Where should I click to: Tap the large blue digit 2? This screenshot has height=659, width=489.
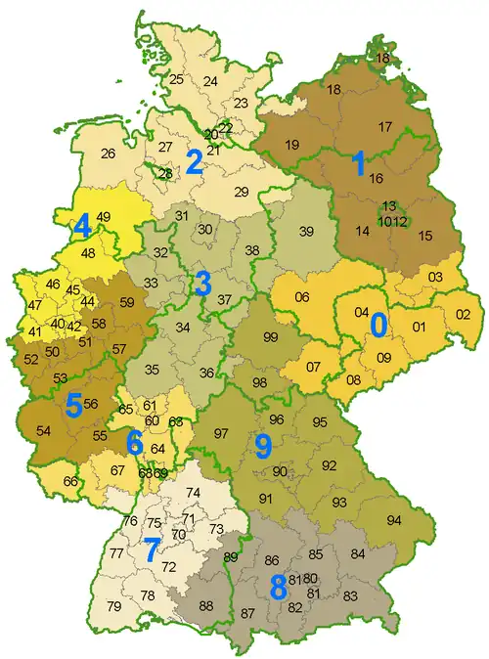coord(195,162)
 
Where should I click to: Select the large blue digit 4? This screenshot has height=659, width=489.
coord(82,227)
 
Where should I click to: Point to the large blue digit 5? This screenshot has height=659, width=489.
coord(73,405)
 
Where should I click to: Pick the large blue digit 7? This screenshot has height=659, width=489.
coord(150,550)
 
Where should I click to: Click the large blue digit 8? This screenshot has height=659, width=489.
coord(278,587)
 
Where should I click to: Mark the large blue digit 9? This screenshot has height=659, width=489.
coord(262,446)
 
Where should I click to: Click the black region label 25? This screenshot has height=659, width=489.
coord(176,79)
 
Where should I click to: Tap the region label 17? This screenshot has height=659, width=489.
coord(385,126)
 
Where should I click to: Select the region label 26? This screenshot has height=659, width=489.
coord(108,154)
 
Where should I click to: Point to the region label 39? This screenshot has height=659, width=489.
coord(307,231)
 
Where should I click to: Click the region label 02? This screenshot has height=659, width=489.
coord(464,314)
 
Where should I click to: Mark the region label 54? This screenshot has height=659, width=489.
coord(43,430)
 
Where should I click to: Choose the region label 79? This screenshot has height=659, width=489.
coord(114,607)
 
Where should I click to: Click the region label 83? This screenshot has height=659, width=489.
coord(350,595)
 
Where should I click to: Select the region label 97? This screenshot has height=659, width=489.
coord(222,433)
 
